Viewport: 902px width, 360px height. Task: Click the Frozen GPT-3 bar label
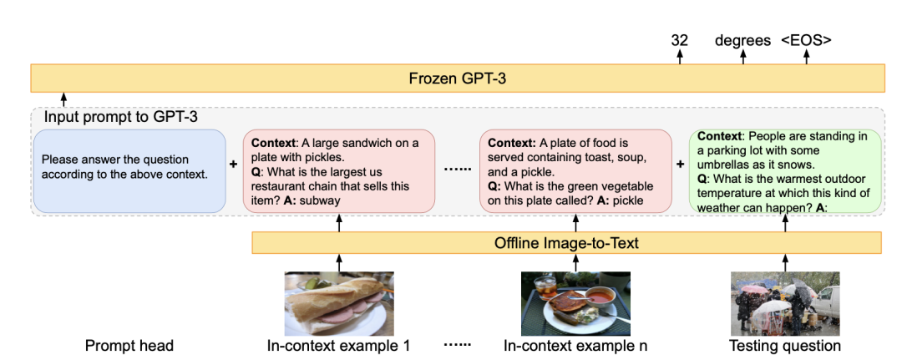tap(457, 79)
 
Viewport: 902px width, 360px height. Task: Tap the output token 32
tap(679, 39)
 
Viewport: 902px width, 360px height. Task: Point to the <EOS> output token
tap(806, 39)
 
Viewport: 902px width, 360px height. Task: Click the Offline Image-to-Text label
tap(566, 242)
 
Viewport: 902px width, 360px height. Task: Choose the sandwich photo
tap(338, 302)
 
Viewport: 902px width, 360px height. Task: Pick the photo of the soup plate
tap(575, 302)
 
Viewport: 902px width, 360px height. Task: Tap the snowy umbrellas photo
tap(785, 302)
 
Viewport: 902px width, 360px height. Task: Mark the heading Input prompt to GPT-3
tap(121, 117)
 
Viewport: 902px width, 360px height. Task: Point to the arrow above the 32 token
tap(679, 57)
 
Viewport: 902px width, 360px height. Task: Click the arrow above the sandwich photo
tap(338, 261)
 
